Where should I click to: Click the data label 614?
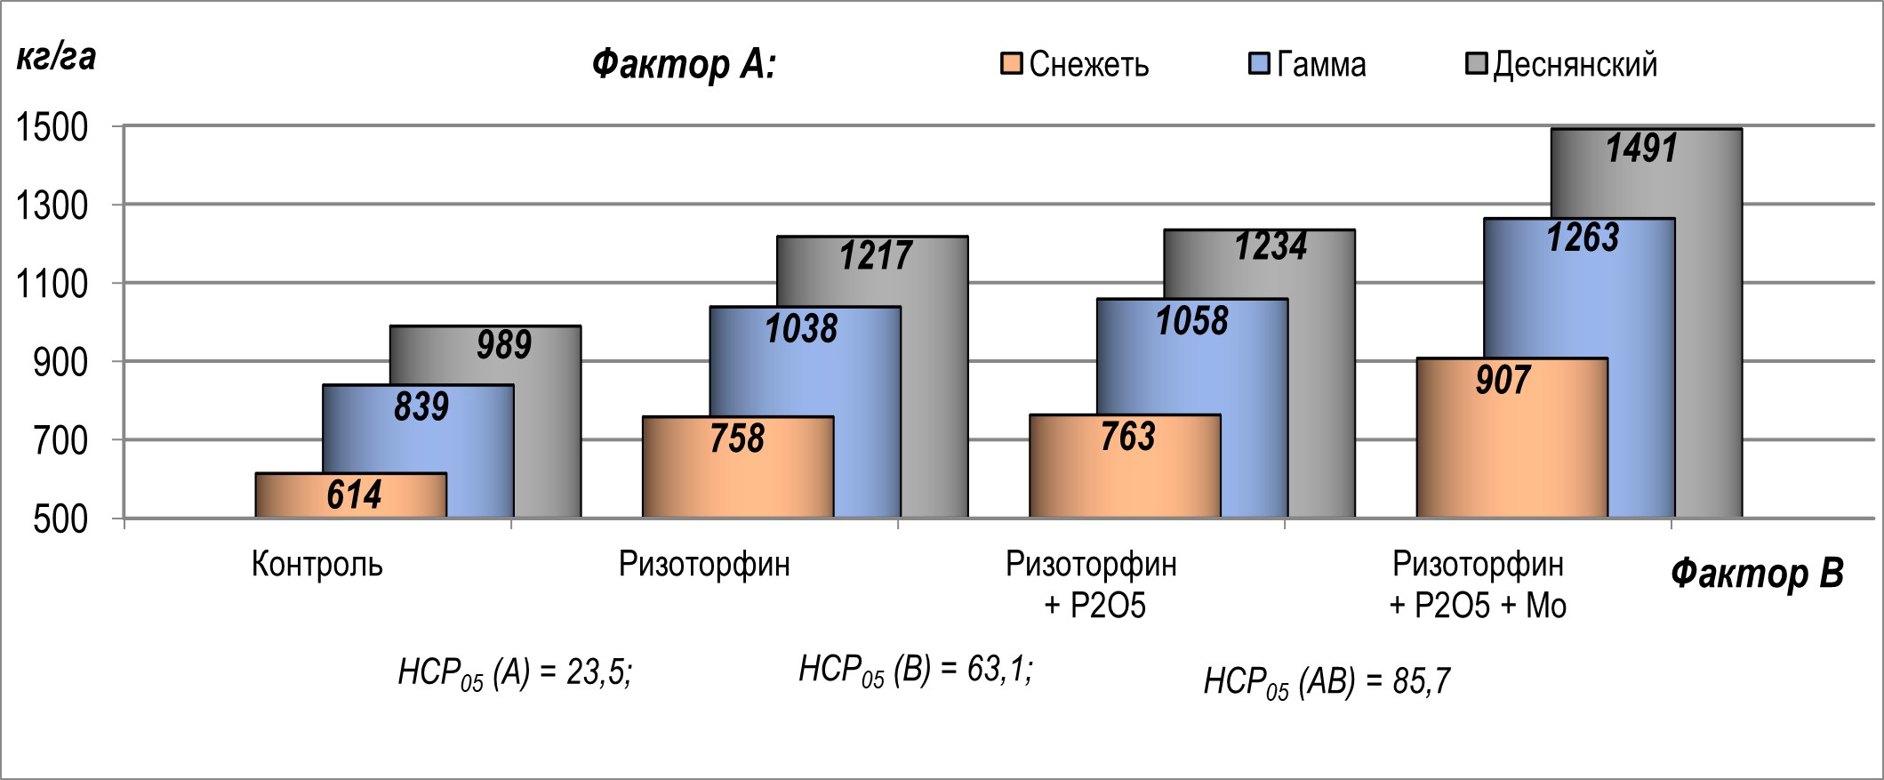[354, 495]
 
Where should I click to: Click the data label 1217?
[876, 256]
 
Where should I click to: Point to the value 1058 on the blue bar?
[1191, 321]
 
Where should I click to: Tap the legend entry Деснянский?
[1561, 64]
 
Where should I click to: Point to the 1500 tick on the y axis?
[52, 127]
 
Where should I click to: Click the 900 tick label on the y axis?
[60, 362]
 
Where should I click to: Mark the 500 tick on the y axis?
[60, 519]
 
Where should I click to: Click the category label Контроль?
[317, 564]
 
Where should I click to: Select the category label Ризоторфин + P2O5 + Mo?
[1478, 584]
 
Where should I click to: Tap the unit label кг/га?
[56, 57]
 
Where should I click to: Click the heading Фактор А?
[684, 64]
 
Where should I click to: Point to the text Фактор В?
[1757, 573]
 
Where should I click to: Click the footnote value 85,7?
[1421, 681]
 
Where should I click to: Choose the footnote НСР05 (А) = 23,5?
[515, 672]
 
